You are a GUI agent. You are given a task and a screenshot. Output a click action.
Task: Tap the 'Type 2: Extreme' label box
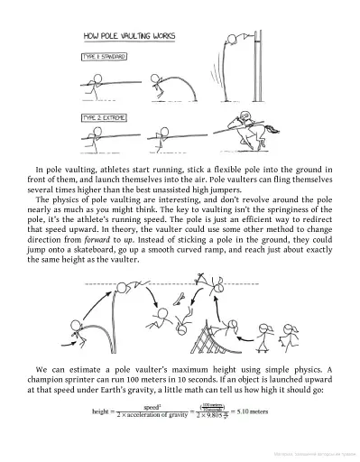pyautogui.click(x=102, y=117)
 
